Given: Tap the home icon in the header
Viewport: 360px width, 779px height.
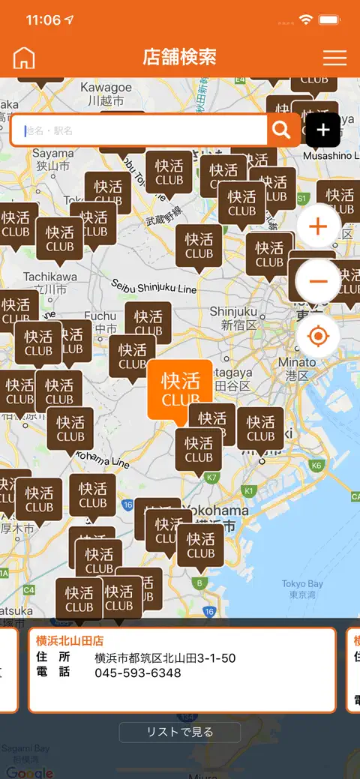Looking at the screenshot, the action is [x=24, y=58].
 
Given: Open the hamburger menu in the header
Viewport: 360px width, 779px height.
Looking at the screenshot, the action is [x=334, y=58].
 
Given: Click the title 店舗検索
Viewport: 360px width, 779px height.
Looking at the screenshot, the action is [x=180, y=57].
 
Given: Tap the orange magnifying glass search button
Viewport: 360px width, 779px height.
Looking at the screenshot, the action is [x=281, y=130].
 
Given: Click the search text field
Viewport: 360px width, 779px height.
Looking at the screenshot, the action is [x=142, y=130].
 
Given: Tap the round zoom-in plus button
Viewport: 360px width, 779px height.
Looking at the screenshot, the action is [x=318, y=226].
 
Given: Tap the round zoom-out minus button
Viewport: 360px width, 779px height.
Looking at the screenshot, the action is [x=318, y=281].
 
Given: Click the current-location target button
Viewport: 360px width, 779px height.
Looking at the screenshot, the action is [x=318, y=336].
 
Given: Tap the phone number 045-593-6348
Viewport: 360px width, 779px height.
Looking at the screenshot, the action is [x=137, y=673].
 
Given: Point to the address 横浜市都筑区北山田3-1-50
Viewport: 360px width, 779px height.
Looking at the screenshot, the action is [x=165, y=658].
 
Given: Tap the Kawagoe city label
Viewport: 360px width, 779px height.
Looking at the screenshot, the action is [x=106, y=93].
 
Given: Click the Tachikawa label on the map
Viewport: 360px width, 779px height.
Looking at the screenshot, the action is [x=49, y=283].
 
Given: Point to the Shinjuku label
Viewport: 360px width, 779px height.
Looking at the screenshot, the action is [x=233, y=318].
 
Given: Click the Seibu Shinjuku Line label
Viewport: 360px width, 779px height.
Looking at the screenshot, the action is [x=154, y=287].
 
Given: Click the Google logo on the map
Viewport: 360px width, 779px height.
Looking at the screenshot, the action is [x=30, y=772].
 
